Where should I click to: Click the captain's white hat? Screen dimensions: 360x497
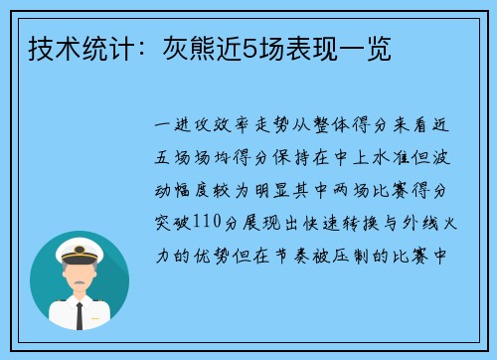click(79, 246)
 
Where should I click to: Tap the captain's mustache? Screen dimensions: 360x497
click(80, 280)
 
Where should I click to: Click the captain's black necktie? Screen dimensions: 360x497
click(80, 315)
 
